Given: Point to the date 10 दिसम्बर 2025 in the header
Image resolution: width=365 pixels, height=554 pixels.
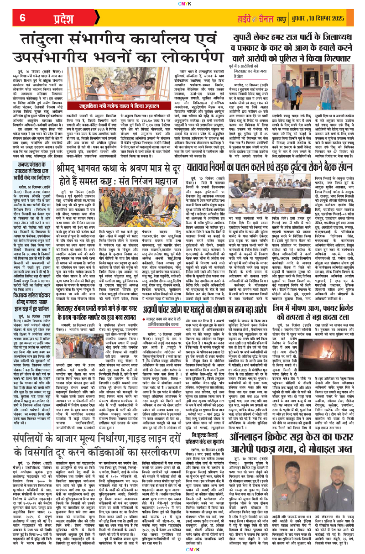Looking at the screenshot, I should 333,19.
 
